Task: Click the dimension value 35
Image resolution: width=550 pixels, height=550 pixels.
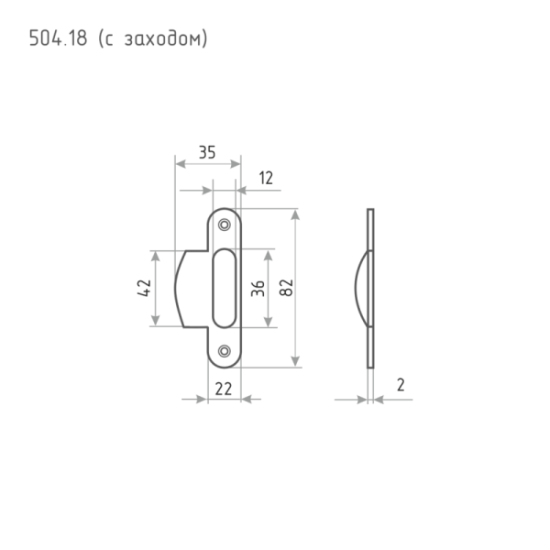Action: click(x=207, y=153)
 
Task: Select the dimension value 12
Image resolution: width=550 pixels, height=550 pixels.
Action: click(x=266, y=179)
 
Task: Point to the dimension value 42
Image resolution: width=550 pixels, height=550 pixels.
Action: click(x=143, y=288)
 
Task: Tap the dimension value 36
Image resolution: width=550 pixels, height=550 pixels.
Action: click(x=258, y=288)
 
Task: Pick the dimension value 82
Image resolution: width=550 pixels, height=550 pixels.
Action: click(x=285, y=288)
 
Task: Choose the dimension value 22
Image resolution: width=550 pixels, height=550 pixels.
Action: click(x=222, y=389)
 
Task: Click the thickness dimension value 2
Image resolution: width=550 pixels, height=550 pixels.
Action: click(x=400, y=385)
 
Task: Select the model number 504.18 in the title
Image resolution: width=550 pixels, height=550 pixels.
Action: click(x=58, y=38)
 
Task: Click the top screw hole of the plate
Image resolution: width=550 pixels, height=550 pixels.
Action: click(x=225, y=223)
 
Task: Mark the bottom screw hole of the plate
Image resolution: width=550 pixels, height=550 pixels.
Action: click(x=225, y=349)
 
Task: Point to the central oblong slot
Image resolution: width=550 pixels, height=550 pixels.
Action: click(x=225, y=287)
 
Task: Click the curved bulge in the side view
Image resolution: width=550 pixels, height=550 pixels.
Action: click(x=358, y=287)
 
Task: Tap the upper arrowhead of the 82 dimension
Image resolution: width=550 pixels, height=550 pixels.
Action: click(x=295, y=214)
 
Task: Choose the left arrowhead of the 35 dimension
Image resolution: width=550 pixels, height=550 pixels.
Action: click(x=180, y=163)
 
